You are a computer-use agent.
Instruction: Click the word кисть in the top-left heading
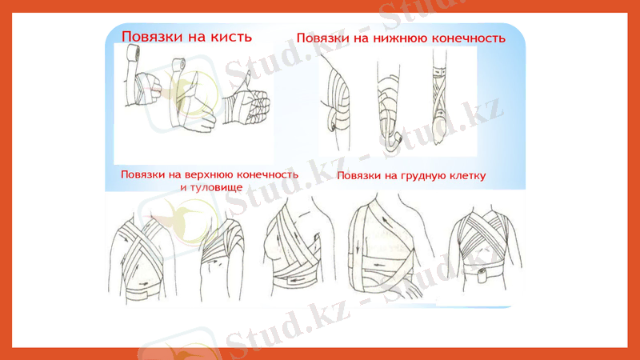pyautogui.click(x=228, y=37)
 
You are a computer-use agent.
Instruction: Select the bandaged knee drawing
pyautogui.click(x=337, y=100)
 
